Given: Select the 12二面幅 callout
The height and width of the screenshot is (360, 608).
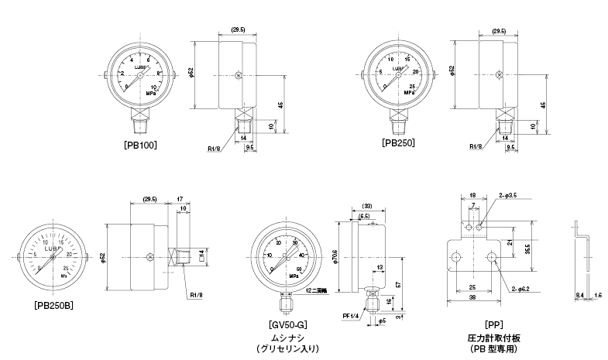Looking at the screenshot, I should pos(318,290).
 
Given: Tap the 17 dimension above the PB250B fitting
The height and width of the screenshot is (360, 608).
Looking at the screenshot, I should pos(179,198).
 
